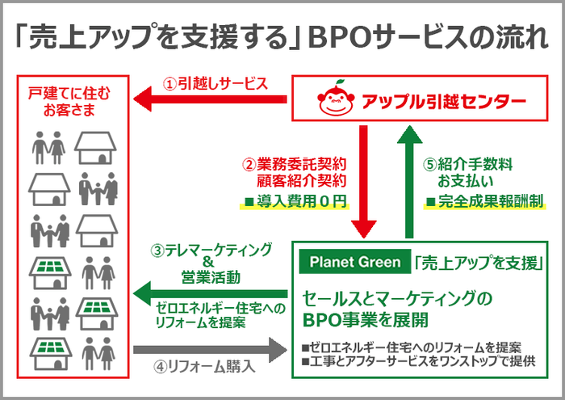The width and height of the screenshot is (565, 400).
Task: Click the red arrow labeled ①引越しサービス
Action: (x=209, y=99)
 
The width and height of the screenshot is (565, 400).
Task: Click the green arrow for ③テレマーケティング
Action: (x=209, y=288)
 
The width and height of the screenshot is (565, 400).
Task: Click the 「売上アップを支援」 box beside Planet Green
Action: (x=476, y=262)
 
